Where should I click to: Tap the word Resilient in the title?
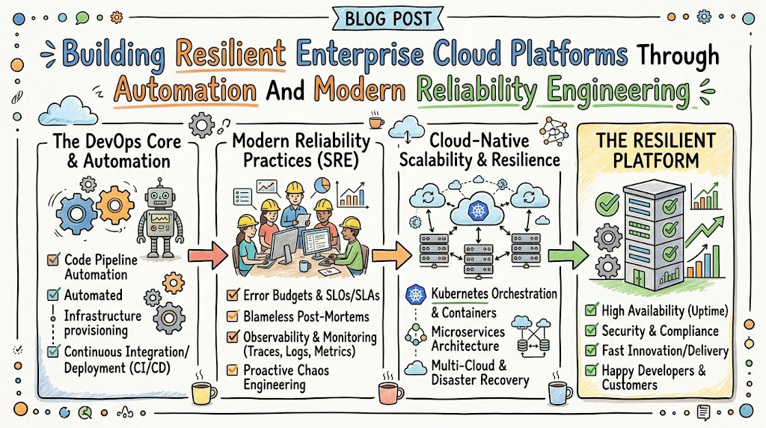pyautogui.click(x=230, y=53)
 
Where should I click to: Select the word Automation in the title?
pyautogui.click(x=186, y=91)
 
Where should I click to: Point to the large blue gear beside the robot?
pyautogui.click(x=76, y=213)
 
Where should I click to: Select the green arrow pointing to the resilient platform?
pyautogui.click(x=569, y=255)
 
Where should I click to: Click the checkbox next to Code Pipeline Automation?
pyautogui.click(x=53, y=260)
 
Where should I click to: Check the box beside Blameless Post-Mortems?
pyautogui.click(x=233, y=316)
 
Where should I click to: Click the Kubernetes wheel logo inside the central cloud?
pyautogui.click(x=478, y=210)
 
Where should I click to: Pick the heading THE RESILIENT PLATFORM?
pyautogui.click(x=655, y=150)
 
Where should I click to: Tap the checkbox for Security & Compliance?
pyautogui.click(x=592, y=331)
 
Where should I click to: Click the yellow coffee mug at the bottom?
pyautogui.click(x=203, y=392)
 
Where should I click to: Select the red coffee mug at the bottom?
pyautogui.click(x=390, y=393)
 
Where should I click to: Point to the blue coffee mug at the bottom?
pyautogui.click(x=560, y=393)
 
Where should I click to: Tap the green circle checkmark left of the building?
pyautogui.click(x=607, y=204)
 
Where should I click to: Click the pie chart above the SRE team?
pyautogui.click(x=322, y=186)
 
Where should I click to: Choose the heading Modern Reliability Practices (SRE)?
pyautogui.click(x=301, y=150)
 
